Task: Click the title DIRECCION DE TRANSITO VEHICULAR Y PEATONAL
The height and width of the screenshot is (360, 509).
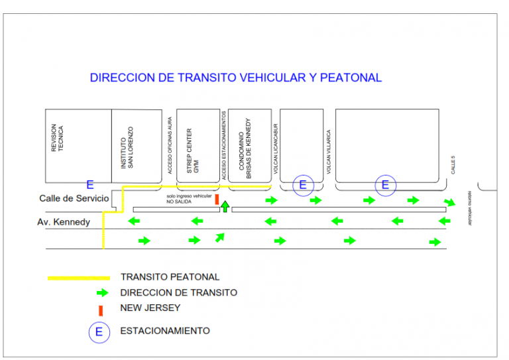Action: pos(235,78)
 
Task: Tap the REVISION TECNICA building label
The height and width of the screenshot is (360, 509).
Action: pos(58,139)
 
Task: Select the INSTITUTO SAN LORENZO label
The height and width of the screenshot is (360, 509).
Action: pos(127,147)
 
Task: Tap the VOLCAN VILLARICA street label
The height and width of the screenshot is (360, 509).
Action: pos(328,151)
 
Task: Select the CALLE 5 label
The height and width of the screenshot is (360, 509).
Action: pos(454,165)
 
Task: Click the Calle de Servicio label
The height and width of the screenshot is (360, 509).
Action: pos(74,198)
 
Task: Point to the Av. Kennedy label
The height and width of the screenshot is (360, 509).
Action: pos(64,221)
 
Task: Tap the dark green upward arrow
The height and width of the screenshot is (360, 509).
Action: pos(225,206)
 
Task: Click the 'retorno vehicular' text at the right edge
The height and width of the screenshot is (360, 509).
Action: pos(470,208)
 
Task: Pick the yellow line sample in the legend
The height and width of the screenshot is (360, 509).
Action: pos(78,278)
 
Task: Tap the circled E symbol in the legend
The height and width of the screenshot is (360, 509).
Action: pos(99,331)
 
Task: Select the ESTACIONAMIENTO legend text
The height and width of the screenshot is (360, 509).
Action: pos(165,331)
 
